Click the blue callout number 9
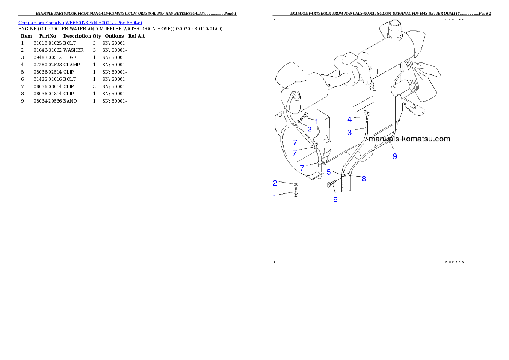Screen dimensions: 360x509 point(395,156)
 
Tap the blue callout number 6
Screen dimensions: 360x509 point(335,199)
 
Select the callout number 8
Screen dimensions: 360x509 point(364,179)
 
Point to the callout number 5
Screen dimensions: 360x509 point(329,172)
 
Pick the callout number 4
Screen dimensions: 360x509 point(349,120)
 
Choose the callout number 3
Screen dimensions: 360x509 point(349,133)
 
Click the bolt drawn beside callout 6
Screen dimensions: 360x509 point(331,185)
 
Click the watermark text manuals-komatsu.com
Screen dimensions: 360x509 point(409,139)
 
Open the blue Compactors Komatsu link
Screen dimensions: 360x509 point(80,23)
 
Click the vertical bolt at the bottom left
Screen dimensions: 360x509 point(296,195)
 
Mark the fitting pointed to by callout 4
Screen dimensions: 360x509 point(366,114)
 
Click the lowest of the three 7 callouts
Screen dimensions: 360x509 point(302,168)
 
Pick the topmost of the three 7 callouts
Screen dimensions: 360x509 point(295,142)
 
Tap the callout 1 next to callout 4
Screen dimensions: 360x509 point(317,121)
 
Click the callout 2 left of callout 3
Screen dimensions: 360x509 point(309,129)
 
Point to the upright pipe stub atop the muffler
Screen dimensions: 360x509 point(393,30)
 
